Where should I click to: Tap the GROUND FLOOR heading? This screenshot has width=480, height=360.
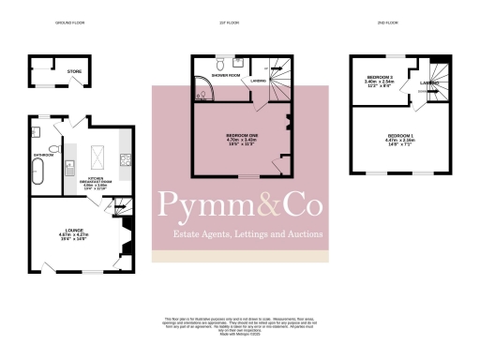(x=69, y=20)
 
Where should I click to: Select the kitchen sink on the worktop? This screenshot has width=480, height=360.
(x=71, y=168)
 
